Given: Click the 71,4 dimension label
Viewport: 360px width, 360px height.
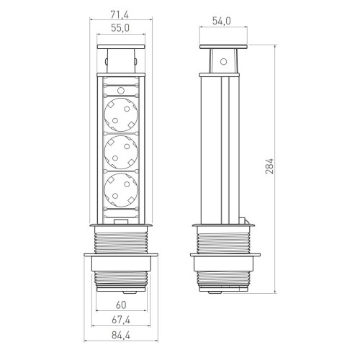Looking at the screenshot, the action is [120, 15].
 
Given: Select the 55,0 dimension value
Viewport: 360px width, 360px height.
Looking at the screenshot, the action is [120, 28].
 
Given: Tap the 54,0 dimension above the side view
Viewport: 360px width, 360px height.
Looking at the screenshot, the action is [222, 21].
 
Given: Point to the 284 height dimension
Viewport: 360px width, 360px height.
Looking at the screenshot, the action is [269, 166].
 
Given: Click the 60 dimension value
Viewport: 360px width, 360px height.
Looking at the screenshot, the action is [121, 305].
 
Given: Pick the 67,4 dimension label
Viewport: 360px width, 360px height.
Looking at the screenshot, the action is [121, 320].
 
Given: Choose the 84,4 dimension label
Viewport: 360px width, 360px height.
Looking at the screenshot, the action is [121, 336].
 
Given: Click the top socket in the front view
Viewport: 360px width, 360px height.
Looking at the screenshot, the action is [121, 114].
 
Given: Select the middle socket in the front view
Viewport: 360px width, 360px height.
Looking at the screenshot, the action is [121, 152].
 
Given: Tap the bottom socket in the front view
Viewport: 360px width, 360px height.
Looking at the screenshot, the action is [121, 190].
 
